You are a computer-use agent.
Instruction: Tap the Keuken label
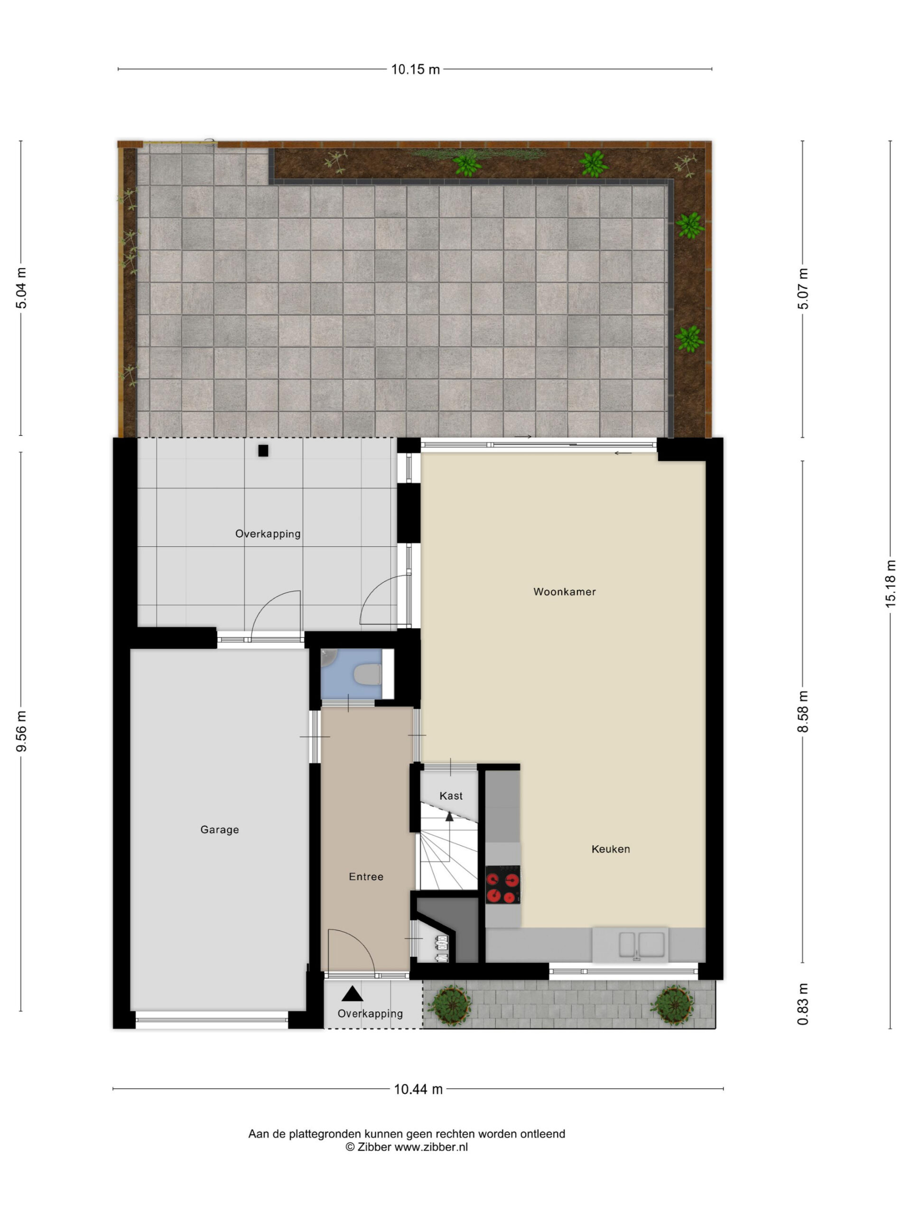pyautogui.click(x=611, y=849)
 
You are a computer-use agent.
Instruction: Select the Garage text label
pyautogui.click(x=220, y=830)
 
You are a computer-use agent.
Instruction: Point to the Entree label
pyautogui.click(x=366, y=877)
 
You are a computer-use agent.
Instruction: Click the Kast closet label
pyautogui.click(x=451, y=796)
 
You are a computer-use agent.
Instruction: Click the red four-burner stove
pyautogui.click(x=503, y=884)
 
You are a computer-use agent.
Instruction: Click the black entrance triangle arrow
pyautogui.click(x=352, y=994)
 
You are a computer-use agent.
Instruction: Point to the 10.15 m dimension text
pyautogui.click(x=416, y=70)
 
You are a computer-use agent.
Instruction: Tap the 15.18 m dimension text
pyautogui.click(x=890, y=583)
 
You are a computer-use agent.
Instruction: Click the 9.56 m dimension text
pyautogui.click(x=21, y=731)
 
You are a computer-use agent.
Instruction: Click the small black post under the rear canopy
pyautogui.click(x=264, y=450)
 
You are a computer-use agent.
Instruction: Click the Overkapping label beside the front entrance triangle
pyautogui.click(x=370, y=1013)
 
